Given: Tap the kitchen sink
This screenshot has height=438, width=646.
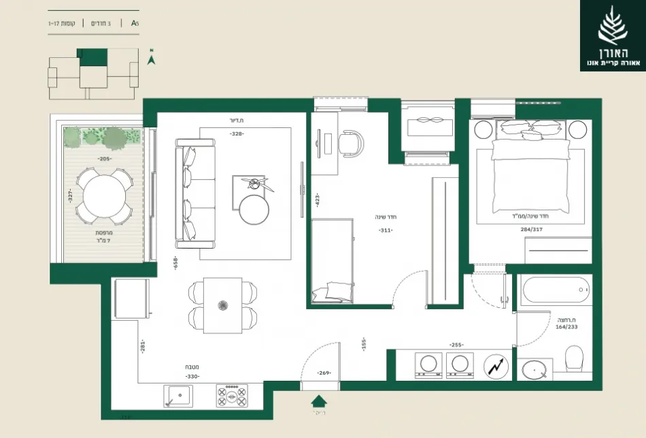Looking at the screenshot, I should (178, 395).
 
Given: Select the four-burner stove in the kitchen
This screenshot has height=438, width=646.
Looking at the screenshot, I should (232, 396).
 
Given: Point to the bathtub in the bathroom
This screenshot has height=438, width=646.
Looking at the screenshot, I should (554, 292).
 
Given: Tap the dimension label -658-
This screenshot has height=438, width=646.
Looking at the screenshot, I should (175, 265).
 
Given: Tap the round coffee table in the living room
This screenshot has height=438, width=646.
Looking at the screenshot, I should (254, 208).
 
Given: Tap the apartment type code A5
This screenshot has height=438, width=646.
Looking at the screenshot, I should (135, 23).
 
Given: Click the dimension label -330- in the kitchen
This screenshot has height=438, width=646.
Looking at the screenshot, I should (192, 376).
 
